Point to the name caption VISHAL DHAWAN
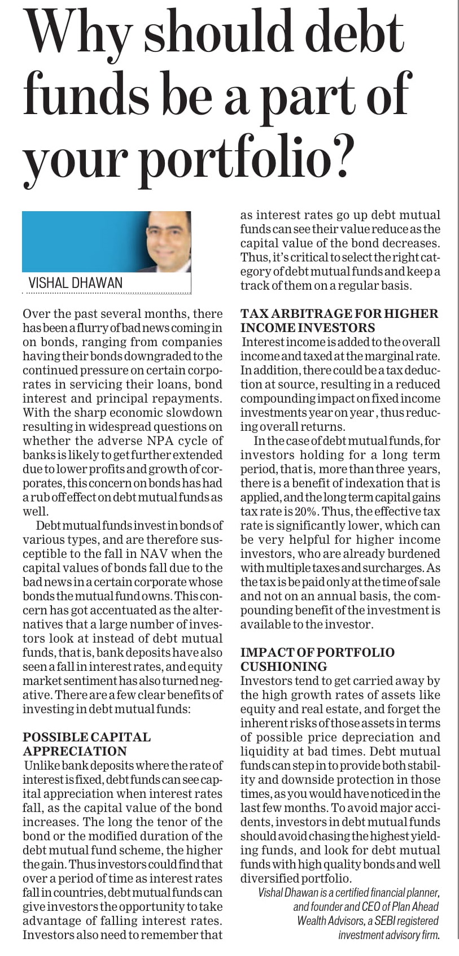76,283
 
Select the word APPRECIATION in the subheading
75,752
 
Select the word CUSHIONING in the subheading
284,667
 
